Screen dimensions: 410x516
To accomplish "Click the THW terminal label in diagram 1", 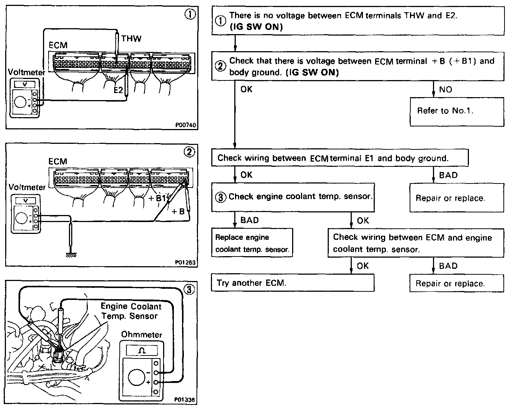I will click(x=131, y=39).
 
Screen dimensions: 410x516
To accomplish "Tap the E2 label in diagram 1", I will click(x=118, y=90).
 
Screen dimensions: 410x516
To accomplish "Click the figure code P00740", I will click(x=185, y=125).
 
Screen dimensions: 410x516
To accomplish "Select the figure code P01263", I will click(x=185, y=262).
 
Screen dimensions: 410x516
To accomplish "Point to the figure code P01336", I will click(x=185, y=400).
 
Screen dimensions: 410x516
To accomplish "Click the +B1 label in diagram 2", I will click(x=157, y=198).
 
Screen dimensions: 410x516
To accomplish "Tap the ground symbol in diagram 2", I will click(x=71, y=255).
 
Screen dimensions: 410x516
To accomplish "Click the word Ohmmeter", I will click(x=142, y=335).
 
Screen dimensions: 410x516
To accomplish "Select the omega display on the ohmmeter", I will click(x=142, y=350).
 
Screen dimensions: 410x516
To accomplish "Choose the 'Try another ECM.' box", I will click(x=292, y=283).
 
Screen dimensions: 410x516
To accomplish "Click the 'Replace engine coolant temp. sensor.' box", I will click(x=252, y=243).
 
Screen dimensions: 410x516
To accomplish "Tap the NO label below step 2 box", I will click(x=445, y=90).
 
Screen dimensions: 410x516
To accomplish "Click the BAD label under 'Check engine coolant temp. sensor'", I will click(x=249, y=220).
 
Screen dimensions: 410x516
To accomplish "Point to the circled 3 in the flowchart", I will click(x=221, y=197).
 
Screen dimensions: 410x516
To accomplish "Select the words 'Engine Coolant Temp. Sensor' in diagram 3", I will click(x=131, y=311).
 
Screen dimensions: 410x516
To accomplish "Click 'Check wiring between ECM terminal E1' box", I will click(x=340, y=158).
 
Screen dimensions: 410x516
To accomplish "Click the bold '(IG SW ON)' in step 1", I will click(x=256, y=27).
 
